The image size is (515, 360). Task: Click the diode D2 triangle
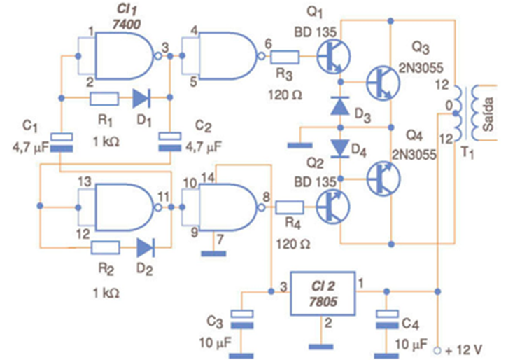coord(146,247)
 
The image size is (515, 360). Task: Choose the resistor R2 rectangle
coord(105,247)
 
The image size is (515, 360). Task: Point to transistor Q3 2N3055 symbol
coord(382,82)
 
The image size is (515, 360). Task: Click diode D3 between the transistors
coord(341,105)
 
